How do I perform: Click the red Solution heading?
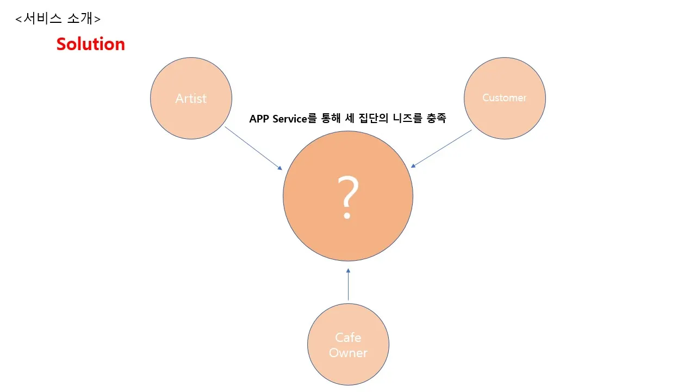(91, 44)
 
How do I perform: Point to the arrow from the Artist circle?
(253, 148)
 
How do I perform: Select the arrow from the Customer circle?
(441, 148)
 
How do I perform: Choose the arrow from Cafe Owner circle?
(348, 284)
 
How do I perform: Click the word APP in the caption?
(260, 119)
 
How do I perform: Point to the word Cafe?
(348, 338)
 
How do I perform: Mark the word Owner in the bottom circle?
(348, 353)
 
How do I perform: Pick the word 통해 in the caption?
(332, 119)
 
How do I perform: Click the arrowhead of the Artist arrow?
(280, 168)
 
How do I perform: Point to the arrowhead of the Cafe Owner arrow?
(348, 271)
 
